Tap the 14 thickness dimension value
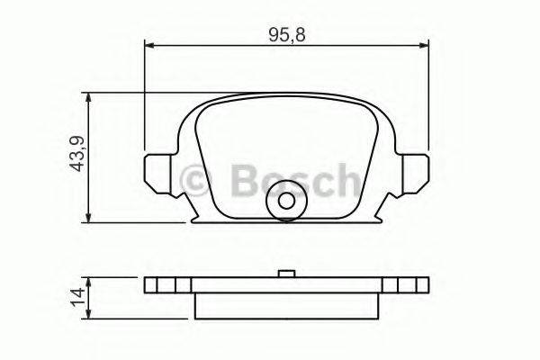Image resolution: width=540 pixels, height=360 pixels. click(76, 296)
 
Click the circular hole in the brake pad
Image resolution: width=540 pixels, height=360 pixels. click(286, 204)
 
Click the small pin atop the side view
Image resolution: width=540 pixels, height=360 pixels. click(285, 274)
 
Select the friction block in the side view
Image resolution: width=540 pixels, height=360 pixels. click(285, 303)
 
